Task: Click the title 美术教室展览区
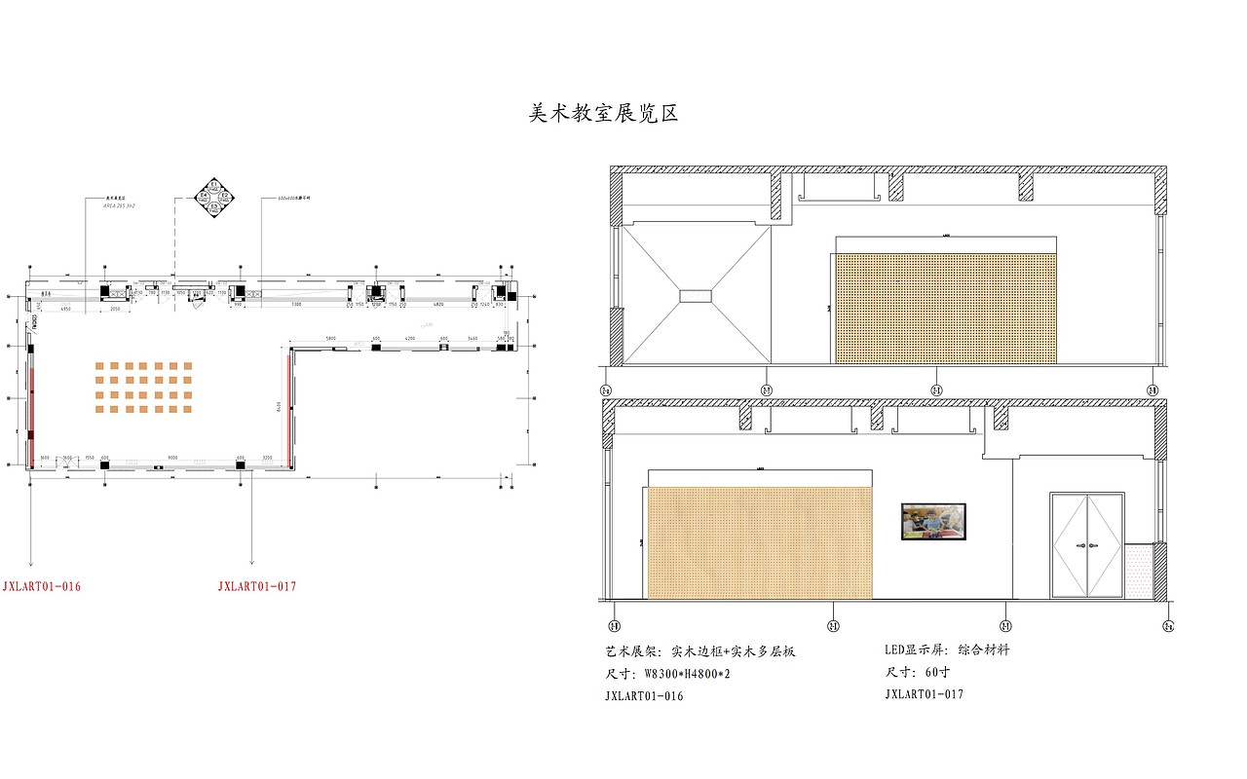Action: [602, 114]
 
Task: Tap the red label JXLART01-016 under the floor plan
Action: [41, 586]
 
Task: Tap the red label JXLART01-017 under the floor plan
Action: [256, 586]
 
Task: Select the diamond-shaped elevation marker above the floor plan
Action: [213, 197]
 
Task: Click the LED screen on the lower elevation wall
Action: [933, 521]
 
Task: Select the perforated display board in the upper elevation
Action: [945, 308]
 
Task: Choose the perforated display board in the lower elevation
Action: [759, 542]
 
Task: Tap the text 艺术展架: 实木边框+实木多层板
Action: [699, 651]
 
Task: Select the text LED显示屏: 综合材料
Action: [946, 649]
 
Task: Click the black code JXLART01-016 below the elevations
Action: [644, 696]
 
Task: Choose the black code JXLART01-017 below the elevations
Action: [924, 694]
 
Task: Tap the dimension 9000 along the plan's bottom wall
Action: [171, 457]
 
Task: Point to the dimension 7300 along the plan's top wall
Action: [296, 305]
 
